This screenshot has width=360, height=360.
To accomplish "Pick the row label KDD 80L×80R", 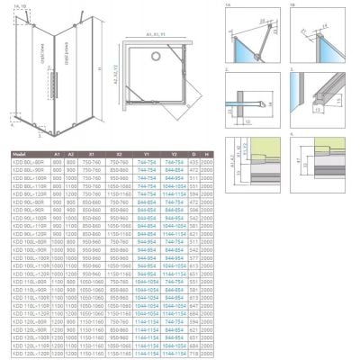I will [22, 162].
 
